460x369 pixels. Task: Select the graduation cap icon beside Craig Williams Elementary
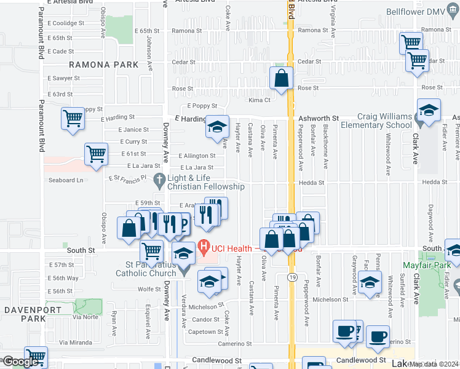429,111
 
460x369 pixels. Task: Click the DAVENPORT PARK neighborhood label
25,314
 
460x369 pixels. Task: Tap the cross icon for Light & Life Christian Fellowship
159,181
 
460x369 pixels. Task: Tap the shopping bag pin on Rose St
281,78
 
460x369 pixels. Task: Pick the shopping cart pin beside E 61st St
97,155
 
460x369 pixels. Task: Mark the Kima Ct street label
259,100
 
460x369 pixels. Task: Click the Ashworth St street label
319,117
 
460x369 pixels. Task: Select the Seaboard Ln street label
66,180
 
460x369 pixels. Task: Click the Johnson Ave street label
149,47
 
